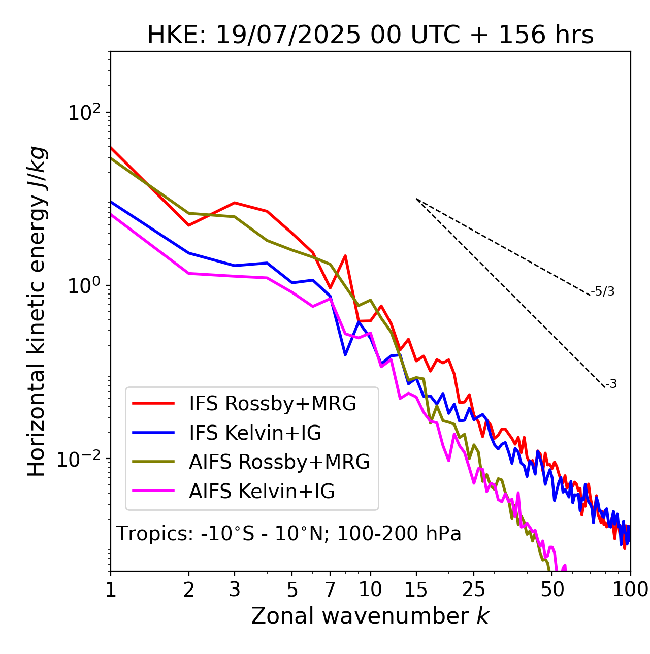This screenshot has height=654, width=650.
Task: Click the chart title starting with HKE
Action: pos(370,35)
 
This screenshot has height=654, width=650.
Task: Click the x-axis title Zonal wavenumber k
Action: pos(370,616)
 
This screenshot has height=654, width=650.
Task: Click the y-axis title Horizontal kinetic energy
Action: pos(37,311)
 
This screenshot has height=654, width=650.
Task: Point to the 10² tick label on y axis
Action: pos(83,112)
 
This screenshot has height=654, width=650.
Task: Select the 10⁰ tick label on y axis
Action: pos(83,285)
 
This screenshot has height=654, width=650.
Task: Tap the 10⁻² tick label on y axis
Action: pos(81,459)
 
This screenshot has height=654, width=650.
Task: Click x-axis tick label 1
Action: pos(111,589)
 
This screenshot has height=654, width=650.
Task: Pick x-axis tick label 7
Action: pos(331,589)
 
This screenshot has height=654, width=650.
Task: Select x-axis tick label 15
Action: pos(416,589)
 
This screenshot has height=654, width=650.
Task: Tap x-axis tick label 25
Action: pos(474,589)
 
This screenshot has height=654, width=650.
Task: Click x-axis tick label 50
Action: pos(552,589)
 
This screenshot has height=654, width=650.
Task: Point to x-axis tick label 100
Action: pos(630,589)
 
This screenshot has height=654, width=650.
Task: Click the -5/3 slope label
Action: pos(603,291)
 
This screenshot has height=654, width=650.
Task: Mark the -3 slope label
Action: pos(611,384)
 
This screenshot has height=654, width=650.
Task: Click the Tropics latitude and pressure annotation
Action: pos(288,534)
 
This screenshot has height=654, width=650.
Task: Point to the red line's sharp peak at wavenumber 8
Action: pos(345,256)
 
